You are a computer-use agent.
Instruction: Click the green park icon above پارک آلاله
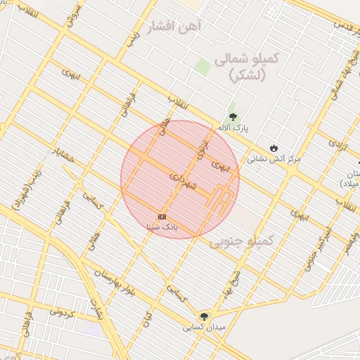click(x=232, y=117)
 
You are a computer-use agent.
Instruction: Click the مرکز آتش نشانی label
click(x=273, y=160)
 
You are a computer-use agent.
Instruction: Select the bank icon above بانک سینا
click(x=162, y=216)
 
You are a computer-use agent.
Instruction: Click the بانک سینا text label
click(x=162, y=227)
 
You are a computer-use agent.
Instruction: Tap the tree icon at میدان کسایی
click(x=205, y=316)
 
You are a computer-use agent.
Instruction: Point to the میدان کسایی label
click(x=204, y=328)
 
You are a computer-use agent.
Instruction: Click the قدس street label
click(x=345, y=27)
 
